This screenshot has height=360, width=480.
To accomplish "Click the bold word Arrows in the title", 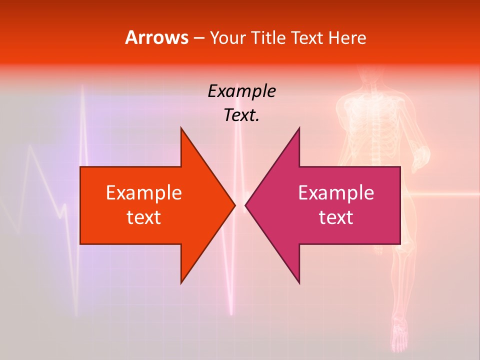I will [157, 37].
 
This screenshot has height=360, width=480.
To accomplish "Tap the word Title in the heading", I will [268, 38].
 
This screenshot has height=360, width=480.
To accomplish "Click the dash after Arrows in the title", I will [198, 38].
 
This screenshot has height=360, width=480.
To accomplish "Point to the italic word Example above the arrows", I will [241, 91].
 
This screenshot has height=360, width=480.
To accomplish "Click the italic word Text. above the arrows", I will [241, 115].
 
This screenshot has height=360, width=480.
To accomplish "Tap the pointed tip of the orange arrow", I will [234, 205].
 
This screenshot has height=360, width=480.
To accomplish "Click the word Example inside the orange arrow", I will [144, 193].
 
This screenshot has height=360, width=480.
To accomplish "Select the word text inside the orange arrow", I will [144, 217].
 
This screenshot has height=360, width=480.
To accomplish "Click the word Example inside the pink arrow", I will [336, 193].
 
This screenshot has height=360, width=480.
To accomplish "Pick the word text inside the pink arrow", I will [336, 217].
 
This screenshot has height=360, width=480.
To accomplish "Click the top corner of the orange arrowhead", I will [181, 128].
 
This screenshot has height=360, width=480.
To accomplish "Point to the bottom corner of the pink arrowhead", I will [299, 282].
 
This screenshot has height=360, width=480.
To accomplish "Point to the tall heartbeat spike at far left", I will [81, 100].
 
